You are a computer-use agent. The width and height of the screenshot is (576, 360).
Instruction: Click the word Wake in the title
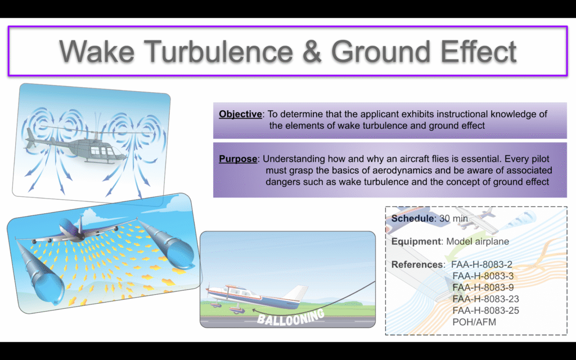(97, 51)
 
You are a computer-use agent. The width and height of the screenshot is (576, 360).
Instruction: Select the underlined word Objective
(240, 114)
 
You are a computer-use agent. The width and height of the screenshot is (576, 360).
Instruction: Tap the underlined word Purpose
(238, 159)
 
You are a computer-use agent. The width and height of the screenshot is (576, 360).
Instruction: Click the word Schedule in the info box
(412, 219)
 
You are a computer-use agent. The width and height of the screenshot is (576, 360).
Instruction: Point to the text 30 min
(454, 219)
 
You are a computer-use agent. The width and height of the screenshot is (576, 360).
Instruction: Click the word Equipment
(416, 242)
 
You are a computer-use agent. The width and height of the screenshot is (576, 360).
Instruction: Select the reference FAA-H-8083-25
(485, 310)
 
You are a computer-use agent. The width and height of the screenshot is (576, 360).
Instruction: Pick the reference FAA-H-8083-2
(481, 264)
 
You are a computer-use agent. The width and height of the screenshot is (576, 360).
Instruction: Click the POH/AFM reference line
(474, 322)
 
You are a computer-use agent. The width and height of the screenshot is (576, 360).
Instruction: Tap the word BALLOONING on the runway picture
(291, 317)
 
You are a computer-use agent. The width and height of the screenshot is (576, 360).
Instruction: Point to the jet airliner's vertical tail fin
(80, 224)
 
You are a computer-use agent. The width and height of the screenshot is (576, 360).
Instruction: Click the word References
(417, 264)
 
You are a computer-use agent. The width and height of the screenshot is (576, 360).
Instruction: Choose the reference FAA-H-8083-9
(483, 287)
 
